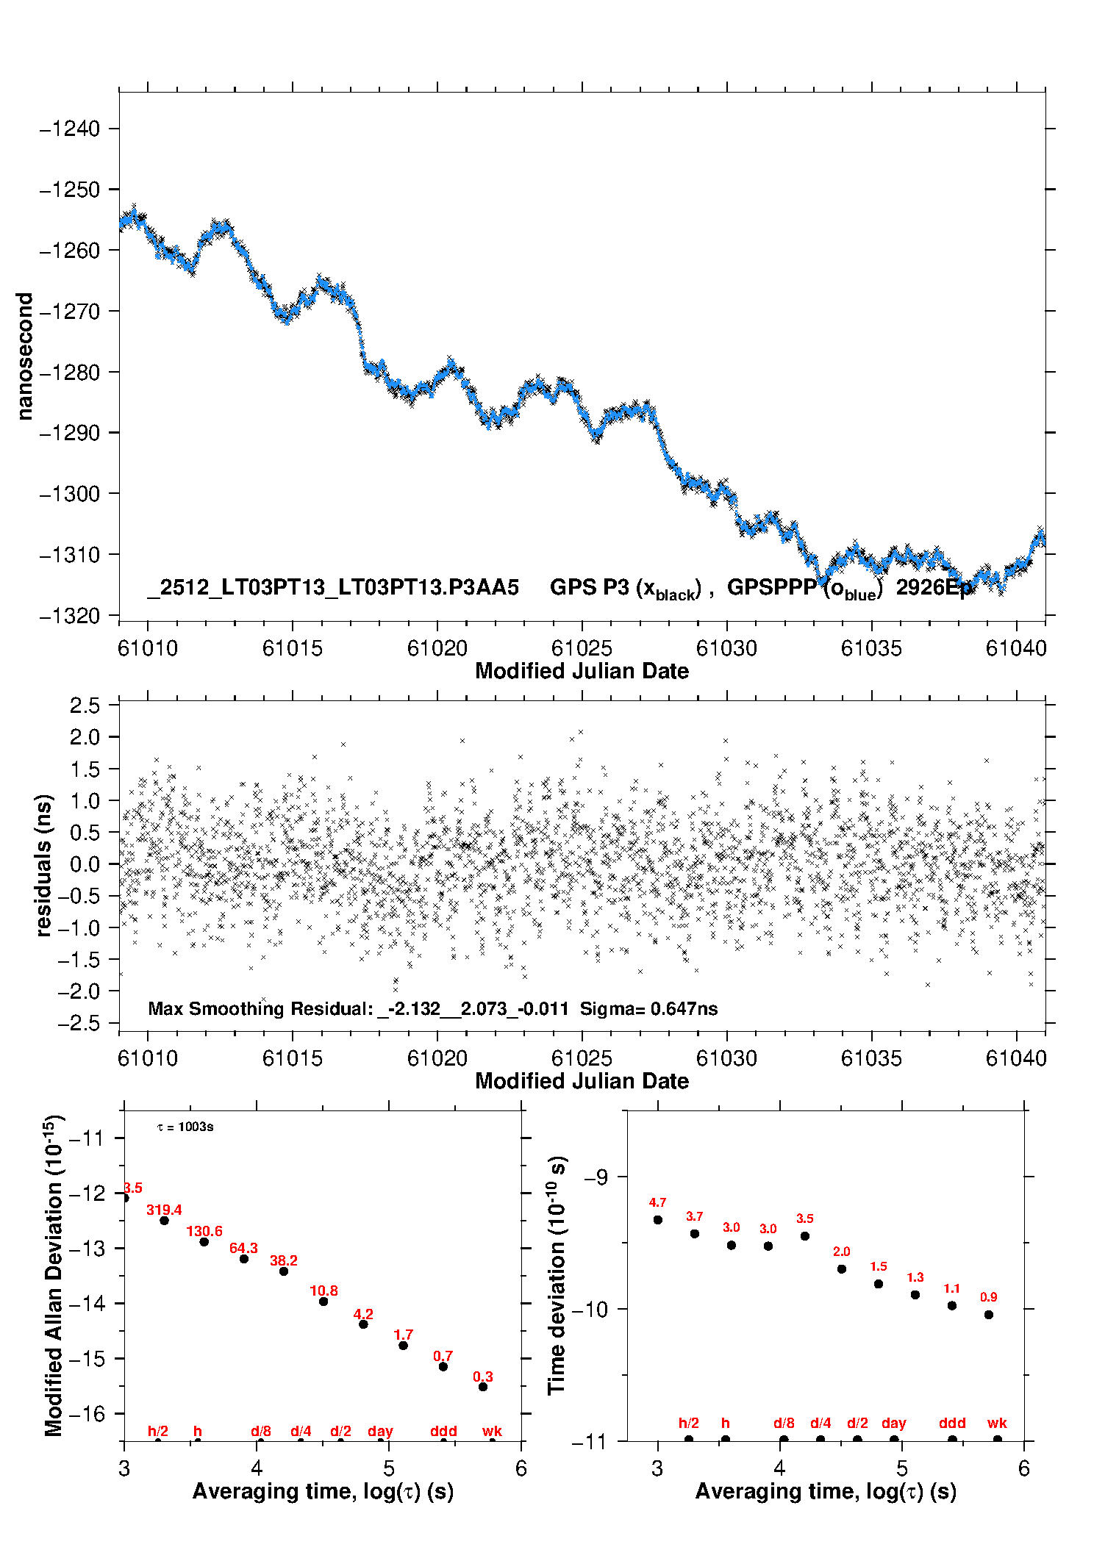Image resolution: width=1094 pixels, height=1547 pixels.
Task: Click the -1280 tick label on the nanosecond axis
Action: (69, 373)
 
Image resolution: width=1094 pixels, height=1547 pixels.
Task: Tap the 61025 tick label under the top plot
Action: (582, 648)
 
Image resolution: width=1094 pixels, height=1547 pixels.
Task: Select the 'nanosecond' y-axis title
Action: (25, 356)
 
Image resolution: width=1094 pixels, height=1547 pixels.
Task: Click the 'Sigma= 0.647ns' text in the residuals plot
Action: (648, 1008)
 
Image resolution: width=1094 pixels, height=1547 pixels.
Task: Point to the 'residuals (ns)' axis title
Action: (44, 865)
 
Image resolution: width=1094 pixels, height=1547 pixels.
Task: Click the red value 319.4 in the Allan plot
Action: (164, 1210)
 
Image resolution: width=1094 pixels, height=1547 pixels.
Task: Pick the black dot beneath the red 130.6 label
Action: (204, 1241)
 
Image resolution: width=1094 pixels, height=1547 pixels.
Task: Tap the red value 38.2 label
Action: (284, 1260)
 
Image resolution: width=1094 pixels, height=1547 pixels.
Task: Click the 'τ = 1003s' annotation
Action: (185, 1127)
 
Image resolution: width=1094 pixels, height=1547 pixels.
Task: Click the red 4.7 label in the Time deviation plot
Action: (657, 1202)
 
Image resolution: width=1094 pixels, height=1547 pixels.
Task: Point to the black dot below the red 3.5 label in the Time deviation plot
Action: (805, 1236)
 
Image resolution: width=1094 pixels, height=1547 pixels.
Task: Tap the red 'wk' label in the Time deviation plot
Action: (997, 1423)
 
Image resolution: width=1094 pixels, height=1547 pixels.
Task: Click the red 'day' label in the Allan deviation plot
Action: (380, 1431)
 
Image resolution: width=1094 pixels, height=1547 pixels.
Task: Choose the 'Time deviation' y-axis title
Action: (557, 1275)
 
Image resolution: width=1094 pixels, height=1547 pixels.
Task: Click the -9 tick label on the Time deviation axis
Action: (596, 1177)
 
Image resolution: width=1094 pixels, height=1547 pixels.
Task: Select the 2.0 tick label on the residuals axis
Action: (85, 737)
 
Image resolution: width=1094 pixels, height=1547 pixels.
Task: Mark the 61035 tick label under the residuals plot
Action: (871, 1058)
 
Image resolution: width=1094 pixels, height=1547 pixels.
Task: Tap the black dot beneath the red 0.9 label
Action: (989, 1315)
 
